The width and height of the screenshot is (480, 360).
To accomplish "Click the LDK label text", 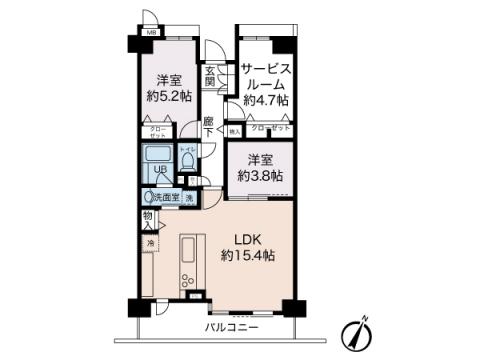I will (x=248, y=239).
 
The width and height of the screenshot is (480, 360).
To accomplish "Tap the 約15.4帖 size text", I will (x=248, y=256).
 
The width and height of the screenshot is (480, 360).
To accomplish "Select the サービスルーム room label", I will (x=265, y=76).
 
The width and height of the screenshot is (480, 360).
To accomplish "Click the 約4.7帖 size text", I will (x=265, y=100).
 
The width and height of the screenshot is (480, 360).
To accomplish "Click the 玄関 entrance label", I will (x=211, y=76).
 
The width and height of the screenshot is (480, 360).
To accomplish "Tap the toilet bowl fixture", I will (x=187, y=163).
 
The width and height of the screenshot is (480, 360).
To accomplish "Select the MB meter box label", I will (x=152, y=32).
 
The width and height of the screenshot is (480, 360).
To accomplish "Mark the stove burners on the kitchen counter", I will (x=188, y=281).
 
